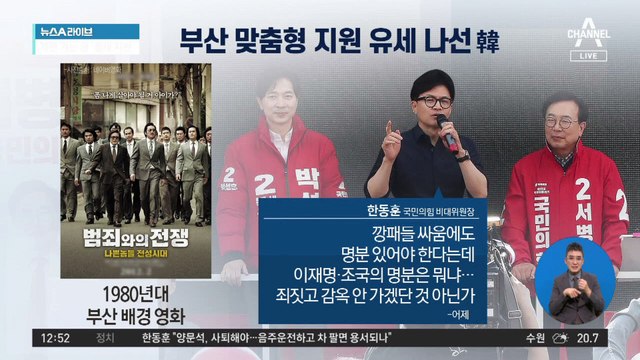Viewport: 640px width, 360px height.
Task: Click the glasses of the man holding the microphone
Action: click(x=434, y=102)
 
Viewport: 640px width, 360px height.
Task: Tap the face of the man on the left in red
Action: click(x=279, y=100)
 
